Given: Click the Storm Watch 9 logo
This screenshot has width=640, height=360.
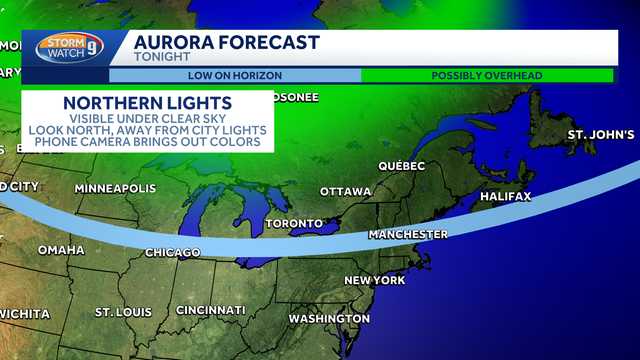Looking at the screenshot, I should click(67, 48).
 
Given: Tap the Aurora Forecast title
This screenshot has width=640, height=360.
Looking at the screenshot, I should click(226, 42).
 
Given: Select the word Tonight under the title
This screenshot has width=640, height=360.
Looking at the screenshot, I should click(161, 57).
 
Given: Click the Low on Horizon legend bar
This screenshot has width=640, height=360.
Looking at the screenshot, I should click(235, 75).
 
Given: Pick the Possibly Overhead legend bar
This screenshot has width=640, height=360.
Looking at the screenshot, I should click(487, 75).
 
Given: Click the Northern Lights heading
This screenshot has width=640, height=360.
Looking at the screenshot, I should click(148, 104).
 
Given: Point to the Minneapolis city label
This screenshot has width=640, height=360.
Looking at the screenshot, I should click(115, 188).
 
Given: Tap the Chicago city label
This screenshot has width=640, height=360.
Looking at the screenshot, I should click(173, 253).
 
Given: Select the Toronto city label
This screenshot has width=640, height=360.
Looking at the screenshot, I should click(294, 223).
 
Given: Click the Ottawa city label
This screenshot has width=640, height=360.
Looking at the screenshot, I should click(346, 191).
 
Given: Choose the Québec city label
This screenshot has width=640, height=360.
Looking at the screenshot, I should click(402, 165).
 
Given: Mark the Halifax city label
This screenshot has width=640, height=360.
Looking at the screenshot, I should click(505, 196).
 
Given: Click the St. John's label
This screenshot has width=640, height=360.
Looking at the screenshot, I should click(600, 134).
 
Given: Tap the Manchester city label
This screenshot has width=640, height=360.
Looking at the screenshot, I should click(408, 234).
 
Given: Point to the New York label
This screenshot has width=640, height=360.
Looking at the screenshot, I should click(374, 280).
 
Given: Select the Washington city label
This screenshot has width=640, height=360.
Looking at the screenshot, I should click(329, 319).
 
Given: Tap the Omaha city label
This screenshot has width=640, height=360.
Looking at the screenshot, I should click(61, 250).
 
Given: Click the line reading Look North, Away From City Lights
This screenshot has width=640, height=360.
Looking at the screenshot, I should click(148, 130).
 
